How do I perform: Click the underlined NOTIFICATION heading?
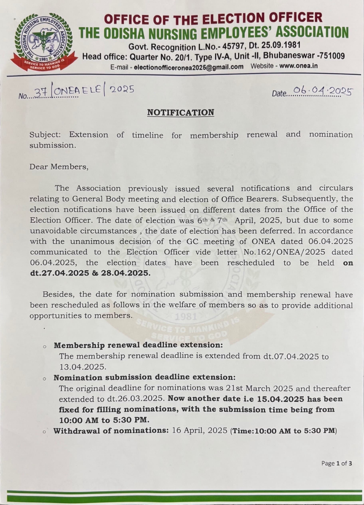181,112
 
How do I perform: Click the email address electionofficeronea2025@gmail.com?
188,67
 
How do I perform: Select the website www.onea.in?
298,66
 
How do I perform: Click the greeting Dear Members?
59,167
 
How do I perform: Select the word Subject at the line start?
45,135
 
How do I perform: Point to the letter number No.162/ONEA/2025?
284,252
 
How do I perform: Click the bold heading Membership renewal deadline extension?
138,345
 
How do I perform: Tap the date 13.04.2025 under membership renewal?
83,367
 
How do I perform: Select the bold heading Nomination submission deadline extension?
144,377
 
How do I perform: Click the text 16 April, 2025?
200,430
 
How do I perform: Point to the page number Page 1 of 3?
336,463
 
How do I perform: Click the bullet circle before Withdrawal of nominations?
44,432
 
